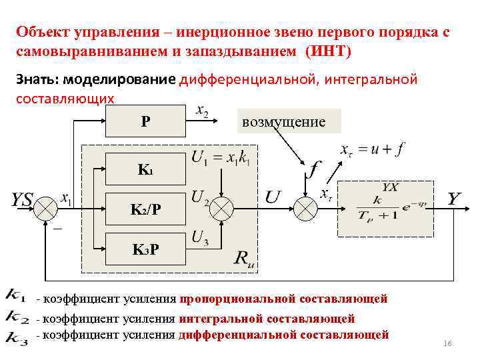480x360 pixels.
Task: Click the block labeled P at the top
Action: click(x=145, y=122)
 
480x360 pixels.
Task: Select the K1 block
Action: click(x=145, y=169)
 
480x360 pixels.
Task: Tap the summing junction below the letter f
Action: click(x=307, y=209)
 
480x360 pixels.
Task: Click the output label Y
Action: click(x=454, y=199)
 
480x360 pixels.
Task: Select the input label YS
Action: click(x=22, y=199)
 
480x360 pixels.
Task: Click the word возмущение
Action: click(x=284, y=122)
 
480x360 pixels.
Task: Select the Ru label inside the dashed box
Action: click(x=245, y=259)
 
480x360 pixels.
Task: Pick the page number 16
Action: click(x=447, y=343)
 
